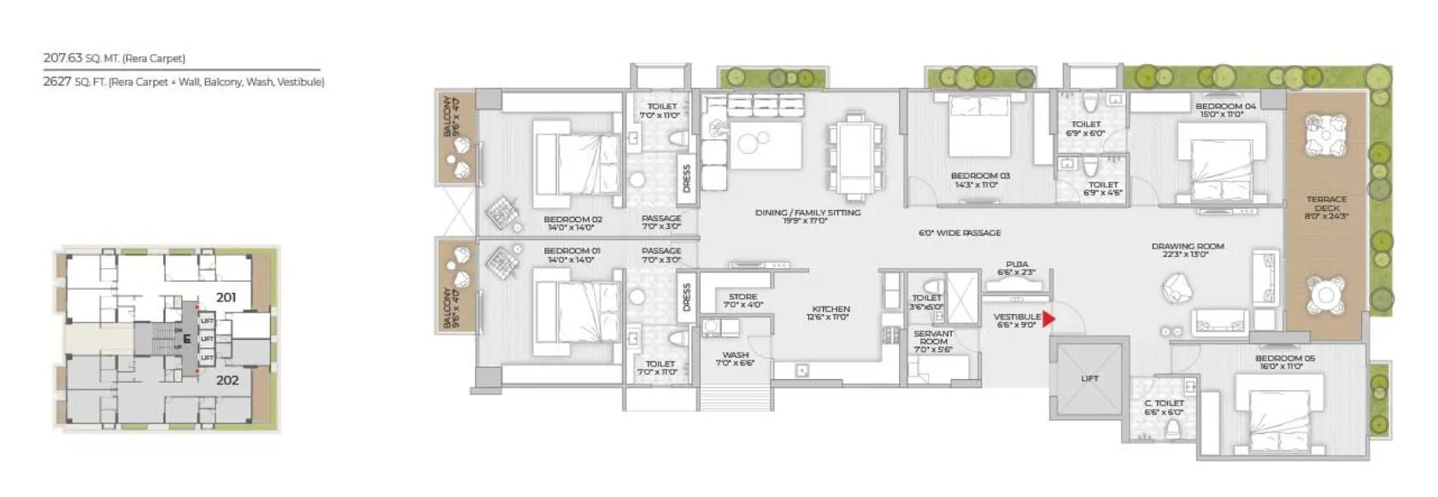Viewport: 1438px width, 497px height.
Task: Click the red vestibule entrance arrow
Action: click(x=1048, y=319)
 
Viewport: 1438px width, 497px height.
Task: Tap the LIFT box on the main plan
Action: click(x=1089, y=377)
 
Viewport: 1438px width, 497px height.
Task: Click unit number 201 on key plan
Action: click(x=226, y=297)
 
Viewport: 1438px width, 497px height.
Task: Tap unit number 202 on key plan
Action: click(x=226, y=380)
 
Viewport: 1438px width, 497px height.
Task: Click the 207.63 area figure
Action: click(x=62, y=58)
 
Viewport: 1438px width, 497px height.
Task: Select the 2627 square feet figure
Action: click(x=56, y=82)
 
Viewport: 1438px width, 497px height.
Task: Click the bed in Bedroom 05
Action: click(x=1273, y=418)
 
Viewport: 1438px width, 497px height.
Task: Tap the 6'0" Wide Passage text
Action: click(x=960, y=232)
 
